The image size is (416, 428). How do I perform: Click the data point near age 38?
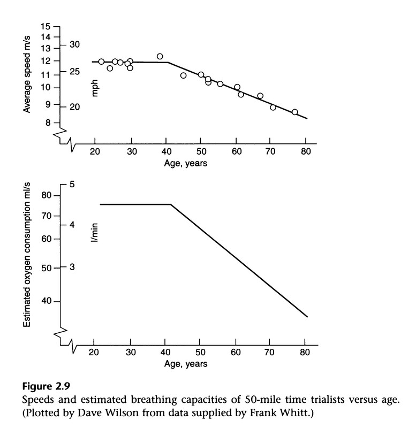click(x=160, y=56)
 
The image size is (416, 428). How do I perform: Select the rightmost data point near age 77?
click(x=294, y=112)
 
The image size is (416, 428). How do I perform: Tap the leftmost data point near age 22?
click(x=101, y=62)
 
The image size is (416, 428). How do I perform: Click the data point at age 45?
click(x=183, y=75)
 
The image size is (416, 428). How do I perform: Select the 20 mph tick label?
click(x=74, y=107)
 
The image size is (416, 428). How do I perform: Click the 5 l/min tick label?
click(x=71, y=185)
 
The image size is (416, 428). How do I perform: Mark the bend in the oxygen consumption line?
click(x=171, y=204)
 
